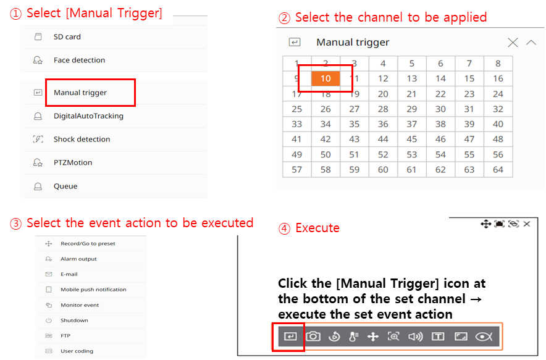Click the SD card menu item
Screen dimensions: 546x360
point(67,37)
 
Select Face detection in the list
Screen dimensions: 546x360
point(79,61)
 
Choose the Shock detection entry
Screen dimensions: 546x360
point(82,140)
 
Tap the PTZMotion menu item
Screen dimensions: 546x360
point(73,162)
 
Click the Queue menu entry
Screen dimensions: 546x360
point(65,186)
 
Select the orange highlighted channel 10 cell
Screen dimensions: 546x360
point(325,78)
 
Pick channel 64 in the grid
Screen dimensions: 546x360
point(498,170)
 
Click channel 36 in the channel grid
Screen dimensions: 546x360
point(383,124)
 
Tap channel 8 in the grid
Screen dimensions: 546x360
point(498,64)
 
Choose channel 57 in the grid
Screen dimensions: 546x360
point(296,170)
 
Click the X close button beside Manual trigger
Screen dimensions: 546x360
point(513,43)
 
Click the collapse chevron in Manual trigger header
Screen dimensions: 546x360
point(531,43)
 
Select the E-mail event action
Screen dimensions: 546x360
point(69,274)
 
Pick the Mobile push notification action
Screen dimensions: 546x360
point(93,290)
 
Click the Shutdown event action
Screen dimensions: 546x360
point(74,320)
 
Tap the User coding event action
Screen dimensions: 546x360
point(77,351)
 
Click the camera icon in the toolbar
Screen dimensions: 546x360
point(313,337)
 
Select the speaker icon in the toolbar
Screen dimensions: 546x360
point(416,337)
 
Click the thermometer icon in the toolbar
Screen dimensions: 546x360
point(353,337)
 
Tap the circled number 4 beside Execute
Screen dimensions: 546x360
point(284,228)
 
